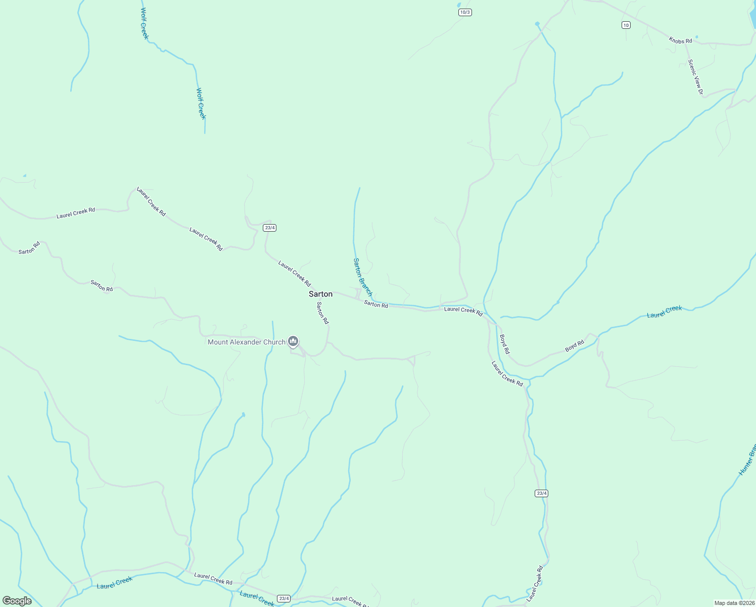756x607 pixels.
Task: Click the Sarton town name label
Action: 320,294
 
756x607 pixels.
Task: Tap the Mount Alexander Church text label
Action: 247,342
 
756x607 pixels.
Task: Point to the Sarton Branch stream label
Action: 362,277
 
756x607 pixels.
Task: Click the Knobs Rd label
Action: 680,40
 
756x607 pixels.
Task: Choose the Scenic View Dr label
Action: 695,77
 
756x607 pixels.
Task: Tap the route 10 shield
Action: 626,25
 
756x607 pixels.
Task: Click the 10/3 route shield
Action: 465,12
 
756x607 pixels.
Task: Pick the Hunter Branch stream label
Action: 748,459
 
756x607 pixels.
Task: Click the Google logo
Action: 17,601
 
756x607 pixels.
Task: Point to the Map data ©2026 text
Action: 734,603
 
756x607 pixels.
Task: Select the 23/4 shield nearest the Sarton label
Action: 270,228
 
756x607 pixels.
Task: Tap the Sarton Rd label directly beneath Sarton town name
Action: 322,313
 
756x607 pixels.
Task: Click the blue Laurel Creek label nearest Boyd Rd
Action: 664,312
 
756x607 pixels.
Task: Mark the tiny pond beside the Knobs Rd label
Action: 697,37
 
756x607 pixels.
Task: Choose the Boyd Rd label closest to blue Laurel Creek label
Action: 574,346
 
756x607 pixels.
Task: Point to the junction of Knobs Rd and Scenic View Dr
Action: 686,45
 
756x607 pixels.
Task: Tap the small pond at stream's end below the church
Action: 244,415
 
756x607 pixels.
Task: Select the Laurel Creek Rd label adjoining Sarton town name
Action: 294,273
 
